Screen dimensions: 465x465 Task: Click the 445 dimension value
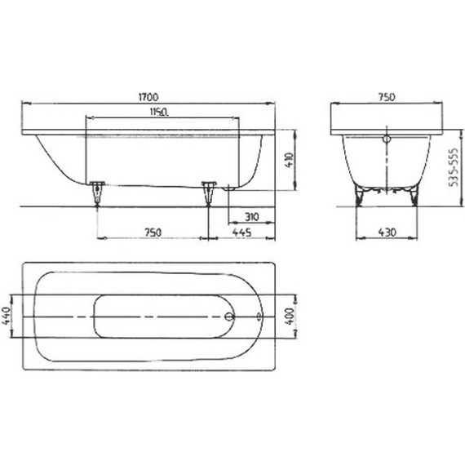pos(241,232)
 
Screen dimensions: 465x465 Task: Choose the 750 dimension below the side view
pos(153,232)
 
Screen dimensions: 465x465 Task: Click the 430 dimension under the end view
pos(387,232)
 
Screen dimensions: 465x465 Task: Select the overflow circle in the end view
pos(387,139)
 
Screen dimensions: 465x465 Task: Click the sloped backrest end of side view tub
pos(51,159)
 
